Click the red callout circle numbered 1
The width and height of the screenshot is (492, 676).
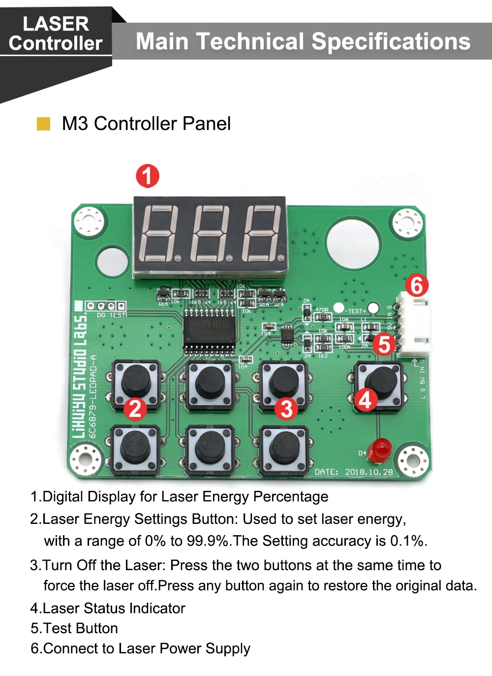(x=148, y=176)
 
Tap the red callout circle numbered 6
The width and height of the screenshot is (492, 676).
(x=417, y=285)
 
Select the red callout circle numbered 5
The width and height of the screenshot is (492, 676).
(x=384, y=344)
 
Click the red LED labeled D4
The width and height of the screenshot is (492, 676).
(x=381, y=450)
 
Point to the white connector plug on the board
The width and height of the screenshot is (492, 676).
(x=413, y=324)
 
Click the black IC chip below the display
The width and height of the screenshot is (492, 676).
(x=209, y=331)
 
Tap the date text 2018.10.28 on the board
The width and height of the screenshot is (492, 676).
(x=369, y=472)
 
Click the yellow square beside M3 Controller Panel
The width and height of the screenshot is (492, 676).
(x=44, y=124)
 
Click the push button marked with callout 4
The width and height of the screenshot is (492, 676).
(x=380, y=383)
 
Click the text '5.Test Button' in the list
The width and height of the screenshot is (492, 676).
(x=74, y=628)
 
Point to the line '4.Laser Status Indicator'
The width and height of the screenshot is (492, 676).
(x=108, y=608)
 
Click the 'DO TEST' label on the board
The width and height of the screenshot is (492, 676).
(x=111, y=315)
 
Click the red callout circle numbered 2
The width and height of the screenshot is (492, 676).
(x=135, y=409)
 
